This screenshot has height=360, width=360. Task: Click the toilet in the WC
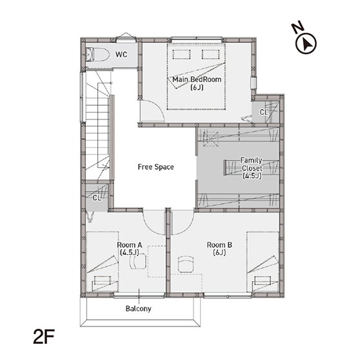pyautogui.click(x=97, y=55)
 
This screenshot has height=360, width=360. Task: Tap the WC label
pyautogui.click(x=121, y=55)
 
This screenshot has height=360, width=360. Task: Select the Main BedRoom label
pyautogui.click(x=197, y=83)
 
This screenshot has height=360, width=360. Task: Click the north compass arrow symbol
pyautogui.click(x=306, y=44)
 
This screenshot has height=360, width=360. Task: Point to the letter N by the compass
pyautogui.click(x=298, y=27)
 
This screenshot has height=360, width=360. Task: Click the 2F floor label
pyautogui.click(x=44, y=337)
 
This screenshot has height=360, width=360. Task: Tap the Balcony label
pyautogui.click(x=139, y=308)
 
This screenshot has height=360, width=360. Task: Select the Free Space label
pyautogui.click(x=155, y=167)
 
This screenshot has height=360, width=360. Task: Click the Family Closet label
pyautogui.click(x=252, y=168)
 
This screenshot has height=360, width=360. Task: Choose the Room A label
pyautogui.click(x=130, y=248)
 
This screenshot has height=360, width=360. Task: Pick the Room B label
pyautogui.click(x=219, y=248)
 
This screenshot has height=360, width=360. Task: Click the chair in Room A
pyautogui.click(x=138, y=261)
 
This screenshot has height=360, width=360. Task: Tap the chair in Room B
pyautogui.click(x=186, y=265)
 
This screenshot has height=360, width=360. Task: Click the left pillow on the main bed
pyautogui.click(x=181, y=54)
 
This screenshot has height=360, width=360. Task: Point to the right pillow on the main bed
pyautogui.click(x=211, y=54)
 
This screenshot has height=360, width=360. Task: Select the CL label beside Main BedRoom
pyautogui.click(x=264, y=112)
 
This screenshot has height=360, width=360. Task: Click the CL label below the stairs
pyautogui.click(x=97, y=197)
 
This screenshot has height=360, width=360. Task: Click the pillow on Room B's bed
pyautogui.click(x=263, y=281)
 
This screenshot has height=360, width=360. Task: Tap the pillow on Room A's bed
pyautogui.click(x=103, y=281)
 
